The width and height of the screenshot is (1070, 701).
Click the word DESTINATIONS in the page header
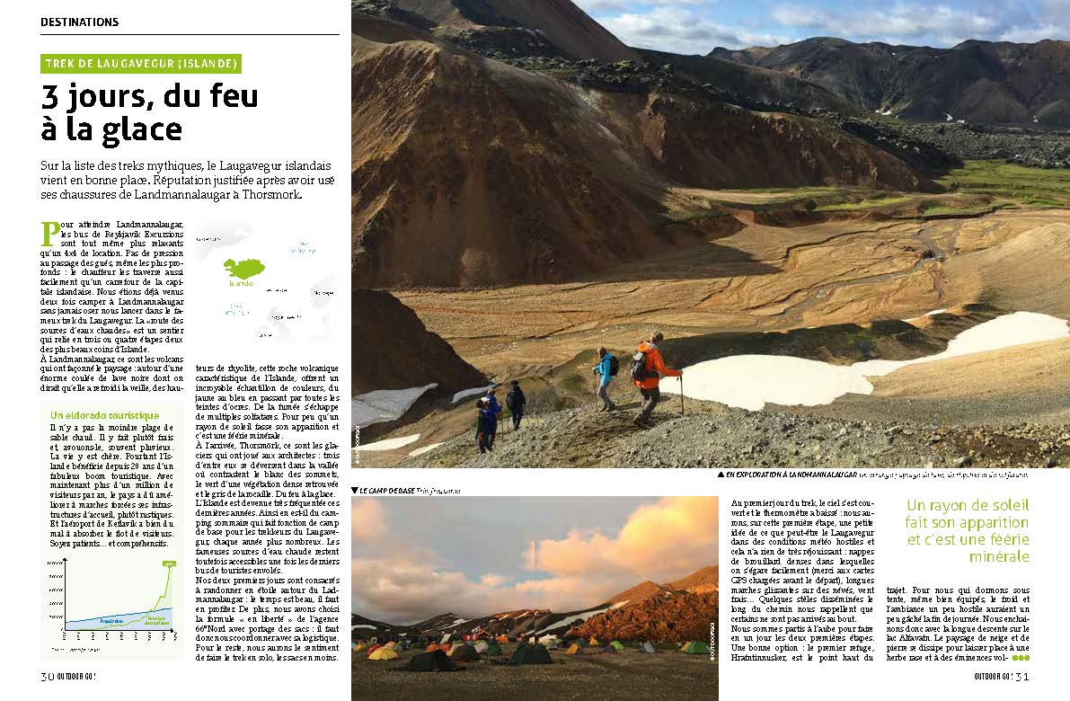pyautogui.click(x=79, y=22)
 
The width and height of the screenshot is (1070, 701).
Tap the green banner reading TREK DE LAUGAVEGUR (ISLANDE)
pyautogui.click(x=141, y=64)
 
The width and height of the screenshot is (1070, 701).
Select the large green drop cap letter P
pyautogui.click(x=49, y=233)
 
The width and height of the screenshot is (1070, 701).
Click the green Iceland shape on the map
pyautogui.click(x=242, y=267)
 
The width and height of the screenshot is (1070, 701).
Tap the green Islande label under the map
pyautogui.click(x=241, y=283)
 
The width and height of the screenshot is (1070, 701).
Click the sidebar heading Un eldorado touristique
pyautogui.click(x=104, y=415)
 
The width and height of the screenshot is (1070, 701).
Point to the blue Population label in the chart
pyautogui.click(x=106, y=620)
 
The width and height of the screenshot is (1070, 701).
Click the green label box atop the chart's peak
pyautogui.click(x=168, y=563)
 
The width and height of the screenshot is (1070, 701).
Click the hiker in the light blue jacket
pyautogui.click(x=605, y=377)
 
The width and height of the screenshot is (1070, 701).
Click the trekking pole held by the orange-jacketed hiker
pyautogui.click(x=680, y=395)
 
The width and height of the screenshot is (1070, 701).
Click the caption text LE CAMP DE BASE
pyautogui.click(x=386, y=490)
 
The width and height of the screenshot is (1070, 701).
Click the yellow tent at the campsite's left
pyautogui.click(x=384, y=653)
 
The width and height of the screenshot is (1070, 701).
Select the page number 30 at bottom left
pyautogui.click(x=48, y=676)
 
